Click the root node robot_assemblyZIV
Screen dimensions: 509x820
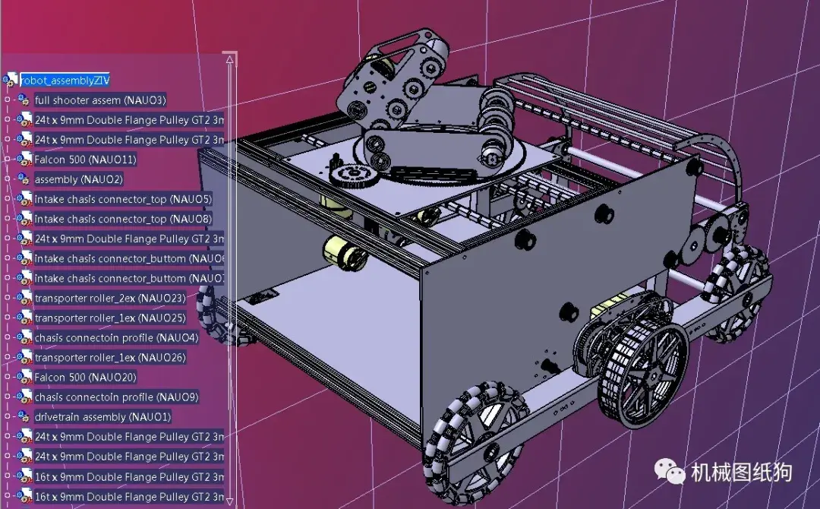point(65,80)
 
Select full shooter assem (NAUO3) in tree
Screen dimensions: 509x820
point(99,100)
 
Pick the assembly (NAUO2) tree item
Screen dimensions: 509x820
point(78,179)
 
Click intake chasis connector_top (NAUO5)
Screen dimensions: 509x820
point(122,199)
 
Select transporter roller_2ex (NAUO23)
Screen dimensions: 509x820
point(109,298)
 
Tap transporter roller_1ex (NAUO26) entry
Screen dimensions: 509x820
point(109,357)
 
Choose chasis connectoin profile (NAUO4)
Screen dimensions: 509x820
point(116,337)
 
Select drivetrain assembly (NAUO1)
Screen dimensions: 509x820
point(102,417)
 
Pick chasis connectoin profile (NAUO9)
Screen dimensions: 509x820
point(116,397)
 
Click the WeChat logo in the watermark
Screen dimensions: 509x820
point(670,472)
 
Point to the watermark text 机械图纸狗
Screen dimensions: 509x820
point(741,473)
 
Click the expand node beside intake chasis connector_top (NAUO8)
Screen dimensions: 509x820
point(8,219)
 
